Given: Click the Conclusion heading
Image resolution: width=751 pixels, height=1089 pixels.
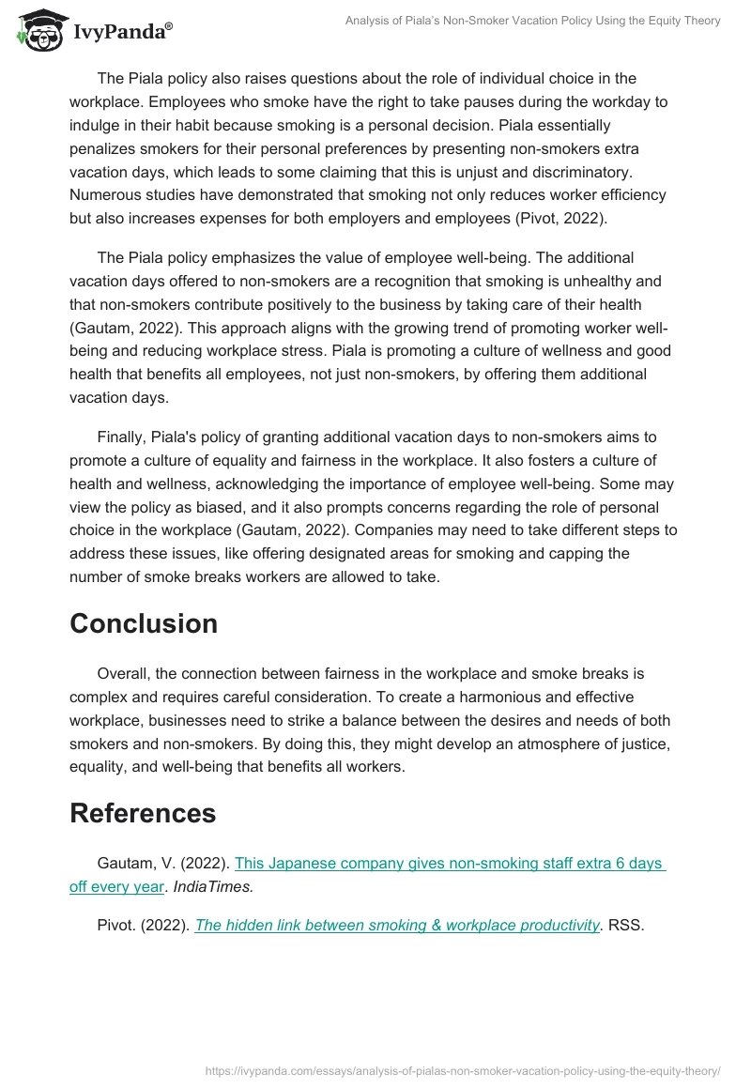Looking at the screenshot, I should coord(143,623).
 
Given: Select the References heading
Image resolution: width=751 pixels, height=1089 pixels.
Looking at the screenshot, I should coord(143,813).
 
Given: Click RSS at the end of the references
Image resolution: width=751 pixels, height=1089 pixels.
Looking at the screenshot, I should coord(625,925).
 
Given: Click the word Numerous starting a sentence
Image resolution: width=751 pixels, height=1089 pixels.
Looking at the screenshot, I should coord(103,194).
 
